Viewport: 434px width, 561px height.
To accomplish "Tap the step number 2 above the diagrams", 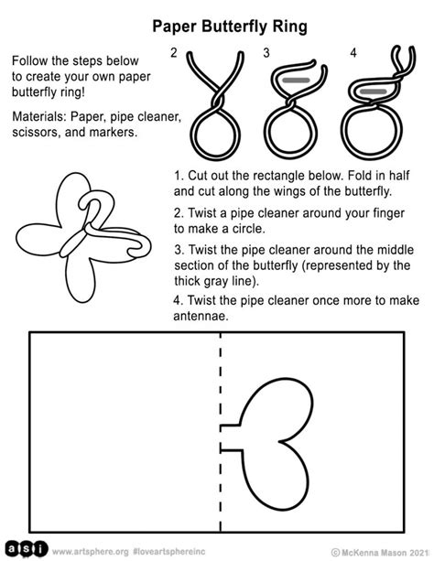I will click(174, 54).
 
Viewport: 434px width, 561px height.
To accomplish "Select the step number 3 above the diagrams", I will click(266, 54).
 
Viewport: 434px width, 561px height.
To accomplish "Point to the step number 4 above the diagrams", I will click(352, 54).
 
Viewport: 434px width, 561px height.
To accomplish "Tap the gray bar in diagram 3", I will click(295, 81).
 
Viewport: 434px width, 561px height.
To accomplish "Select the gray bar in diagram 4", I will click(374, 92).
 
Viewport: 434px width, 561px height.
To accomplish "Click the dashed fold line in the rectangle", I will click(220, 394).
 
